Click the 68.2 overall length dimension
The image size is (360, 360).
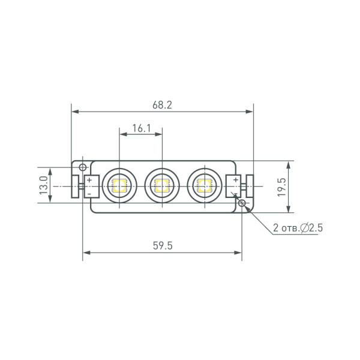pos(162,104)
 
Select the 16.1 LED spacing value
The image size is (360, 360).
pos(140,128)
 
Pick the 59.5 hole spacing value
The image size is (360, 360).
pos(162,245)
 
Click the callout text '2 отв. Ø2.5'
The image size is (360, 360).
pos(298,229)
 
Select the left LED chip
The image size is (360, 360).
pos(117,185)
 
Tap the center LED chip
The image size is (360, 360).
pos(160,185)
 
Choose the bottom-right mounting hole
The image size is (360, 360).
pos(242,204)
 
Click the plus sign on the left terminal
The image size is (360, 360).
pos(89,180)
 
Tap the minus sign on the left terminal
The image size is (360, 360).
pos(89,193)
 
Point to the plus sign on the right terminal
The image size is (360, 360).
pos(235,179)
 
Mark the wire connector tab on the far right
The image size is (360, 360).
pos(249,186)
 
